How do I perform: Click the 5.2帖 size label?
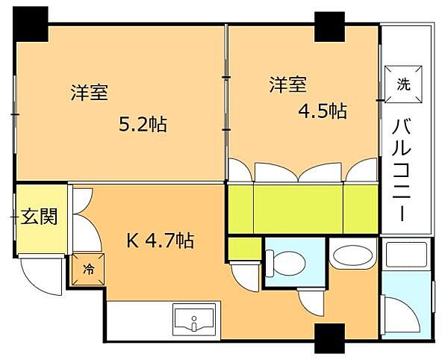(143, 125)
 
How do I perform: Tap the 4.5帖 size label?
(323, 111)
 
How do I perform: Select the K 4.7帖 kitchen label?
(161, 240)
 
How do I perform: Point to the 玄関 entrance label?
(39, 216)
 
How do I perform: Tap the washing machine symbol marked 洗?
(403, 84)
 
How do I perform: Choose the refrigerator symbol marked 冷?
(88, 269)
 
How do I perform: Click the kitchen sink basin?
(194, 320)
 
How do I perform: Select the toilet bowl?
(285, 264)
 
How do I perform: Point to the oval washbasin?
(352, 254)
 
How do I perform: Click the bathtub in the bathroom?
(406, 255)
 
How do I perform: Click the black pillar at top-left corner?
(31, 24)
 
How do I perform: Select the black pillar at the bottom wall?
(329, 338)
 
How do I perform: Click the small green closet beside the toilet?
(246, 248)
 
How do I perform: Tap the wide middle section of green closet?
(298, 209)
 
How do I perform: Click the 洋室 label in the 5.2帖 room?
(90, 92)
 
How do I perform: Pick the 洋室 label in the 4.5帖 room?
(288, 84)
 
